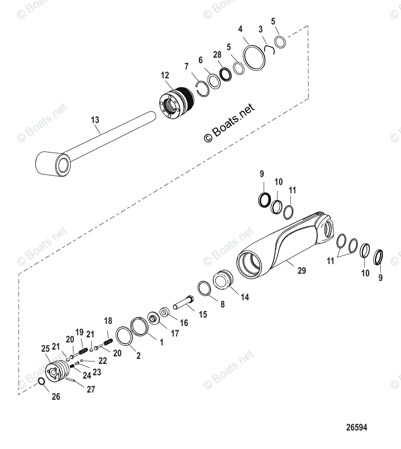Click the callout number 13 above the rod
click(95, 120)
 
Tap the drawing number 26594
click(356, 428)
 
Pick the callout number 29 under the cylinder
click(302, 270)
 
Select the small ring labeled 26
click(42, 382)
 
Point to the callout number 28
click(217, 55)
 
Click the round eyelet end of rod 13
click(54, 164)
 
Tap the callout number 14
click(245, 297)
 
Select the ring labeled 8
click(205, 289)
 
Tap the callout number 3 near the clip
click(261, 29)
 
